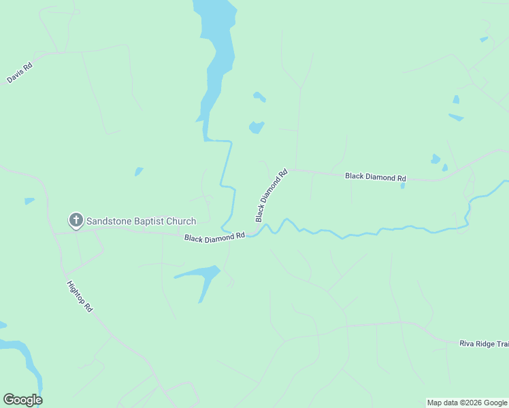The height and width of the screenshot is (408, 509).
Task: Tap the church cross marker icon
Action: [76, 220]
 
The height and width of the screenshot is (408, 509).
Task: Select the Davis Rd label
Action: [20, 73]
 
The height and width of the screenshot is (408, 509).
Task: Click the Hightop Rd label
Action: [79, 296]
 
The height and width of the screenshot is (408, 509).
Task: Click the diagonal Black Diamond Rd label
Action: [272, 196]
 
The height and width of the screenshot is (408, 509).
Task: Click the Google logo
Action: [22, 400]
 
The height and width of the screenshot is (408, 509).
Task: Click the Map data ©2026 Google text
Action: [467, 403]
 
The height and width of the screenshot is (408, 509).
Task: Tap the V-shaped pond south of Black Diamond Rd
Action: [201, 277]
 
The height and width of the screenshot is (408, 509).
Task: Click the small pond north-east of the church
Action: [139, 171]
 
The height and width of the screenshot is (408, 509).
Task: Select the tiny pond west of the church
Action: [29, 201]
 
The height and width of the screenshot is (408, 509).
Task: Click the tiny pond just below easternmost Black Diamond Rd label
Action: [403, 185]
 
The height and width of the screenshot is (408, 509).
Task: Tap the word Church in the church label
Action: [180, 221]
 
